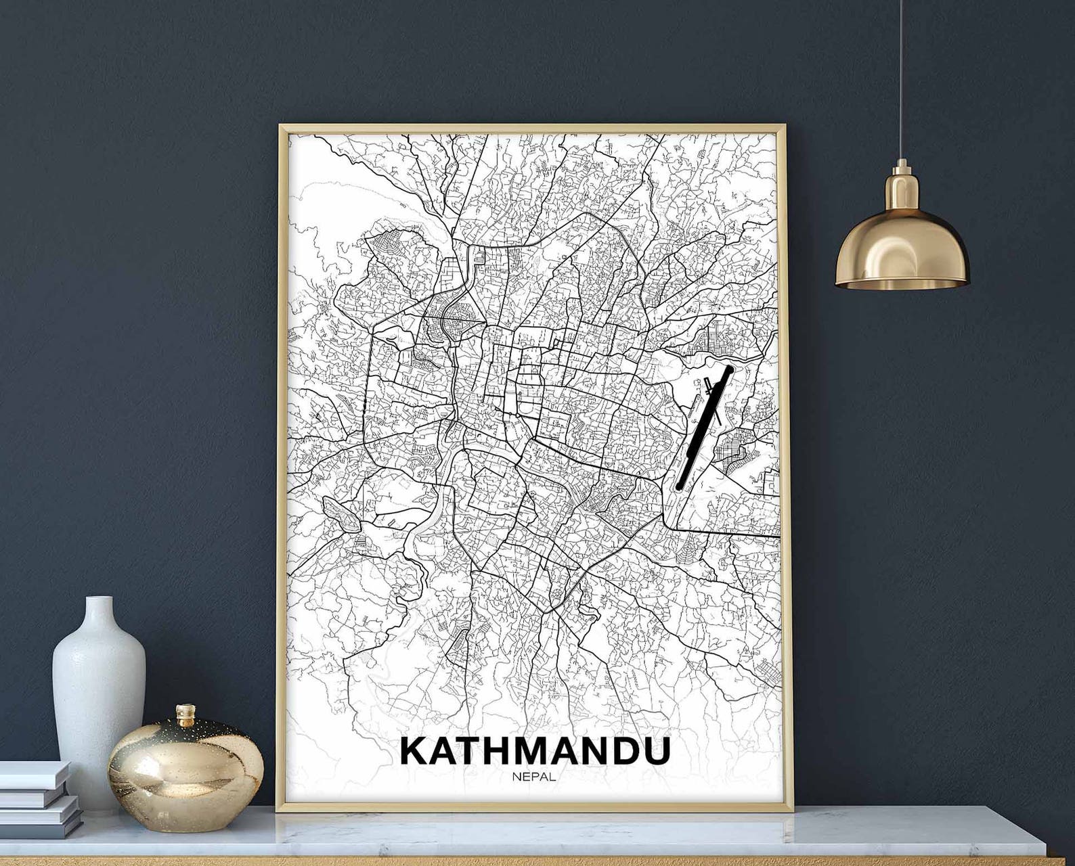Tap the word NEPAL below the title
(534, 777)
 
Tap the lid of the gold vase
(185, 716)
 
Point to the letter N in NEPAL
(517, 777)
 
